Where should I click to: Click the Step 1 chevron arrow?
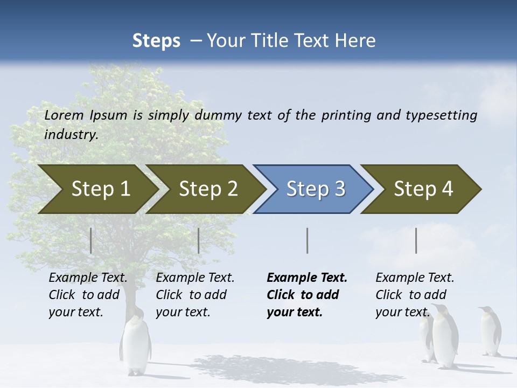(97, 189)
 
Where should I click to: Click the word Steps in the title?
(156, 40)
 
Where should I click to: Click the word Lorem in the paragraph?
(64, 115)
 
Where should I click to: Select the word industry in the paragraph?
(71, 135)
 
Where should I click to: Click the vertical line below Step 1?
(91, 240)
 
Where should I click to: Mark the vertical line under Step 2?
(199, 240)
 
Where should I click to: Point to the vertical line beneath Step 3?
(307, 240)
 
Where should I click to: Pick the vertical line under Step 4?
(416, 240)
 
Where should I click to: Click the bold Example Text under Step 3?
(307, 278)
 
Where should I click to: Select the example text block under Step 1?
(88, 295)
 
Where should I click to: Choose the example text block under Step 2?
(195, 295)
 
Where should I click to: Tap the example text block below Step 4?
(415, 295)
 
